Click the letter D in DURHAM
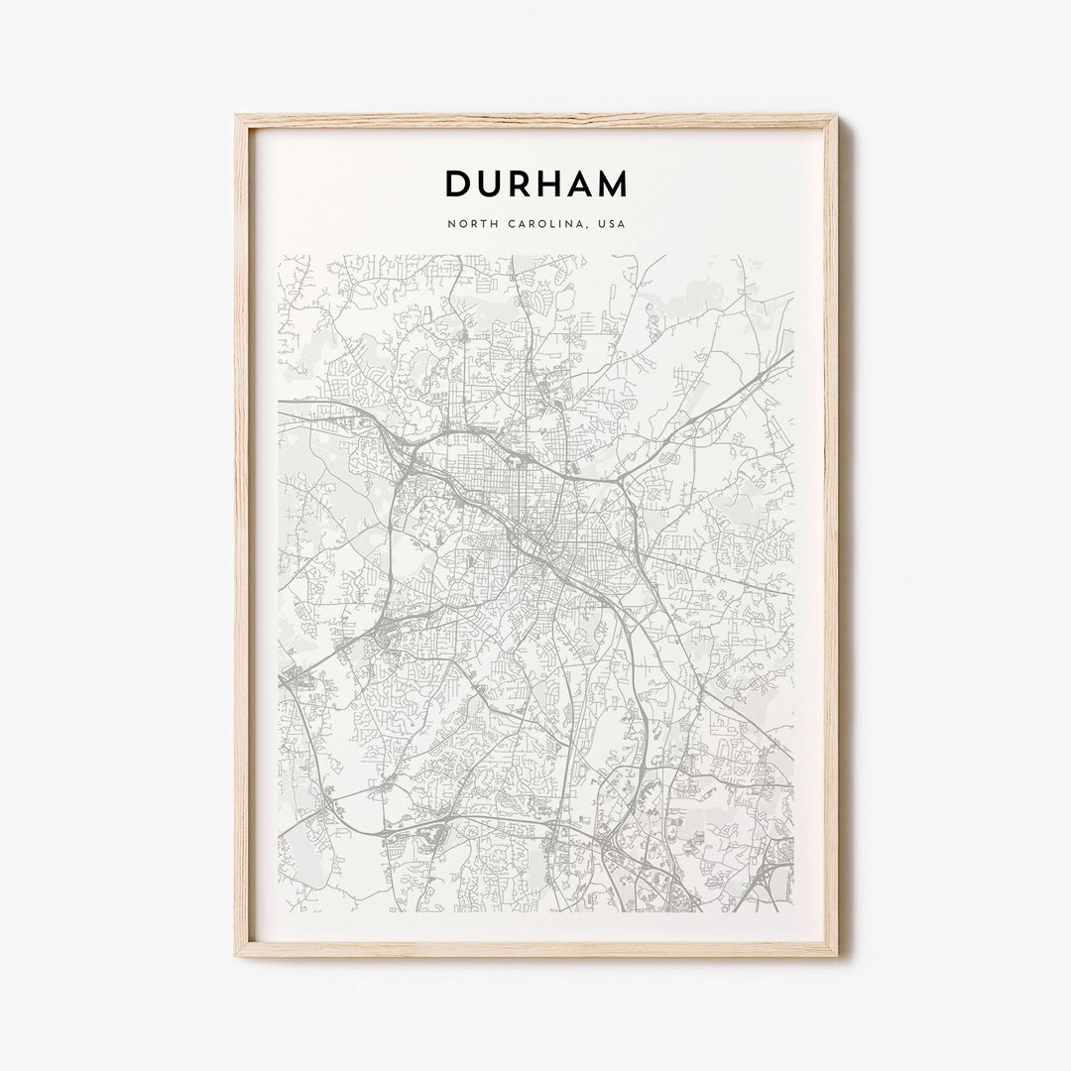(458, 184)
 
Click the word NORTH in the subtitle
(470, 224)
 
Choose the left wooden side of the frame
(243, 535)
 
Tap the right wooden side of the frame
(830, 535)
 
